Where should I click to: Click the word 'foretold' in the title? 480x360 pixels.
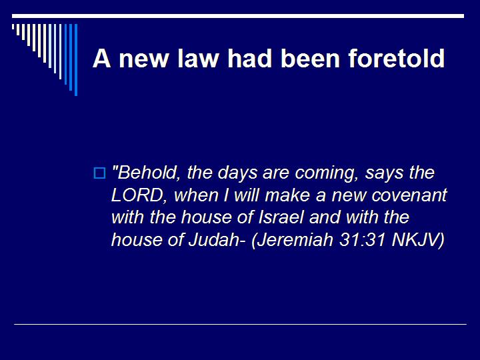pos(396,59)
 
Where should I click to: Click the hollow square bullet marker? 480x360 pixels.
pos(99,174)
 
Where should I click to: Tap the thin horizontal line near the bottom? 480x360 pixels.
pos(240,324)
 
